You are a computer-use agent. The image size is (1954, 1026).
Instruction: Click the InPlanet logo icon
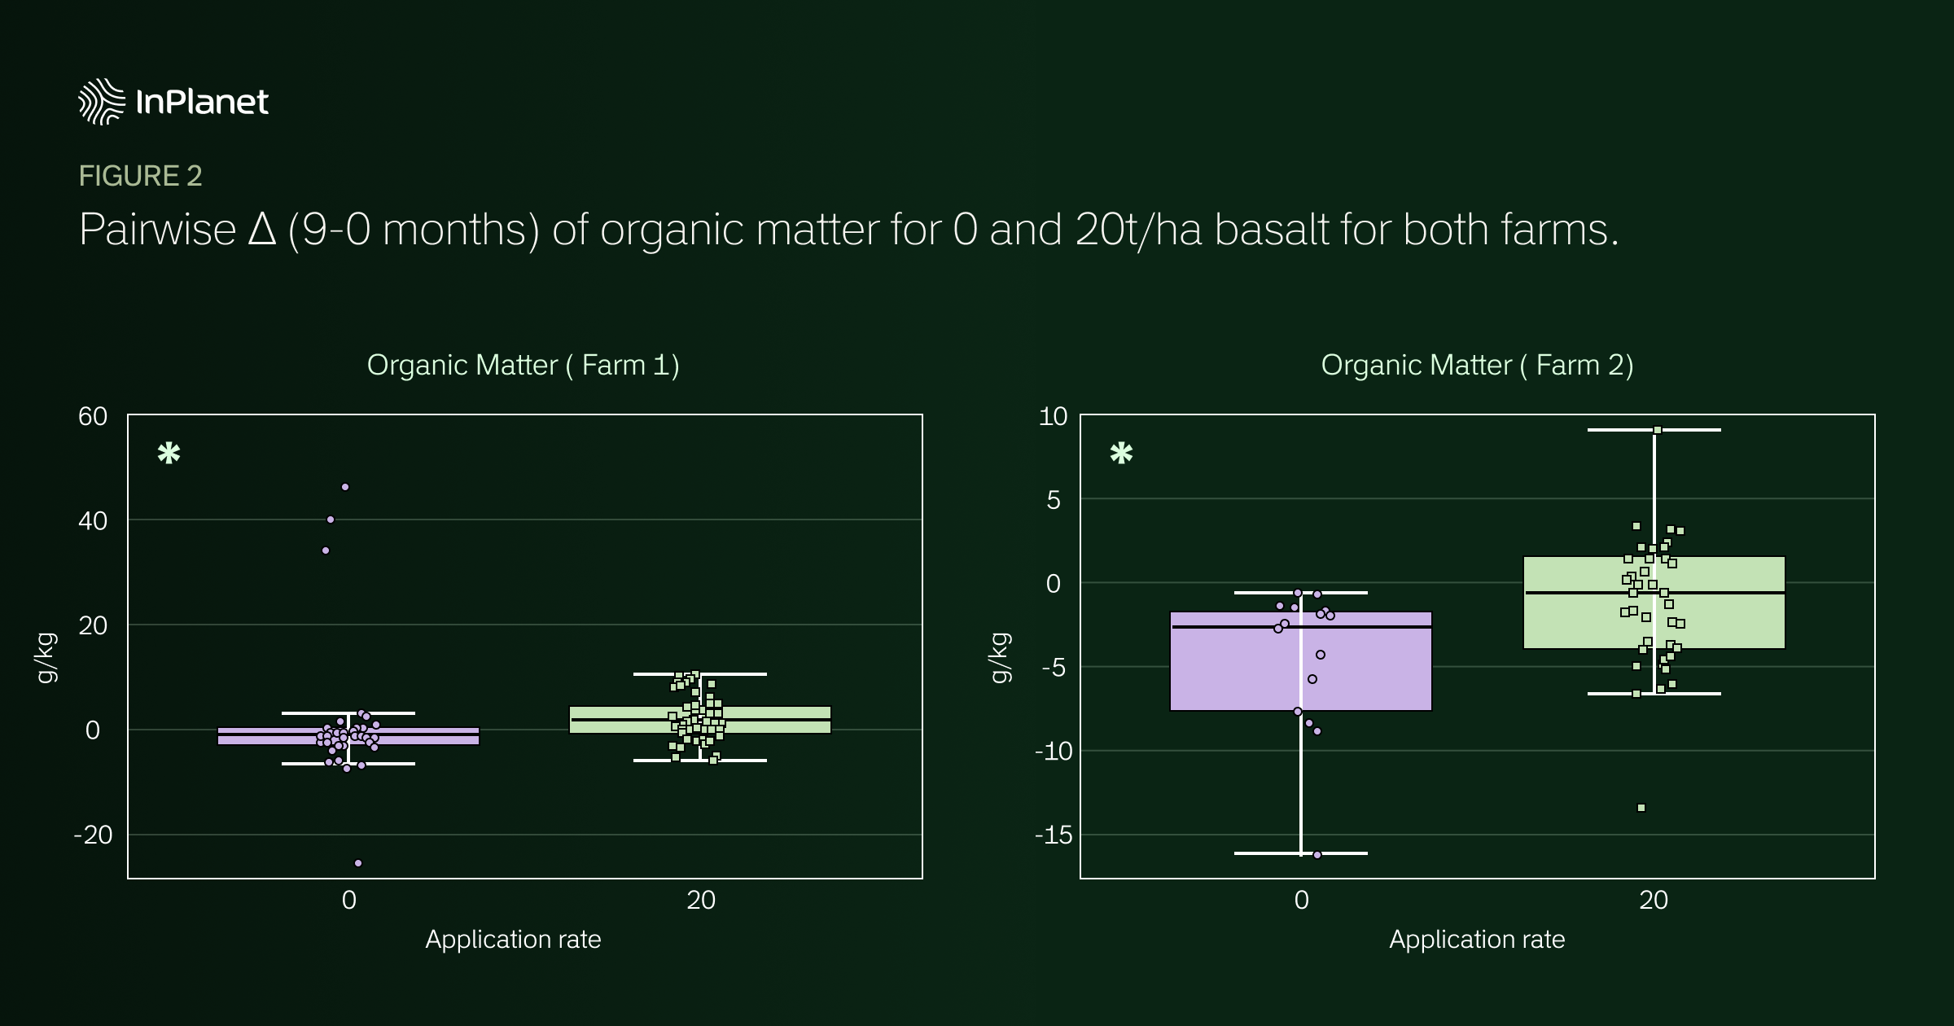pyautogui.click(x=102, y=102)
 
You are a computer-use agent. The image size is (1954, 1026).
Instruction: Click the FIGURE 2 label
pyautogui.click(x=140, y=176)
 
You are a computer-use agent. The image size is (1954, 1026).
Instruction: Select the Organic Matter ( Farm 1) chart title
pyautogui.click(x=523, y=365)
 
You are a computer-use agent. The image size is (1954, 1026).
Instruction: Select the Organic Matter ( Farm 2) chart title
pyautogui.click(x=1477, y=365)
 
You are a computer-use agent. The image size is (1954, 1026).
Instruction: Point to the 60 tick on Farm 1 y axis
pyautogui.click(x=93, y=416)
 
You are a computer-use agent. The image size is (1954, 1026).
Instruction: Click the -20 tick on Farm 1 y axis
pyautogui.click(x=93, y=835)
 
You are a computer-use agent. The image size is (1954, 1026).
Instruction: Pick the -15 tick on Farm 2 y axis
pyautogui.click(x=1053, y=835)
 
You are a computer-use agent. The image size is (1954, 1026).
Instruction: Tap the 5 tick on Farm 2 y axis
pyautogui.click(x=1054, y=499)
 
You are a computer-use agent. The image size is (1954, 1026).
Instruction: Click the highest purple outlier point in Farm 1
pyautogui.click(x=345, y=487)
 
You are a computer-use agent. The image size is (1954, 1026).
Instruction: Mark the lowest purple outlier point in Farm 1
pyautogui.click(x=358, y=863)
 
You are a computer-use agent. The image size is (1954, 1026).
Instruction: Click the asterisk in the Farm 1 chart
pyautogui.click(x=169, y=453)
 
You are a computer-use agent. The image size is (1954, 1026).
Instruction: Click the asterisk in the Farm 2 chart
pyautogui.click(x=1121, y=453)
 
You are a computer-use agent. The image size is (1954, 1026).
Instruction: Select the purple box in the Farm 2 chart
pyautogui.click(x=1300, y=661)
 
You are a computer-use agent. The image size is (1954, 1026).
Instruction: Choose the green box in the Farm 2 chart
pyautogui.click(x=1654, y=603)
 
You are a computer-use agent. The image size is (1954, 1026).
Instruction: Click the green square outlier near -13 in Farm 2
pyautogui.click(x=1641, y=808)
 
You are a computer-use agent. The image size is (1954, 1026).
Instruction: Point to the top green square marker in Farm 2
pyautogui.click(x=1658, y=430)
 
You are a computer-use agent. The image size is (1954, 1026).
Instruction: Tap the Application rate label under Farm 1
pyautogui.click(x=513, y=940)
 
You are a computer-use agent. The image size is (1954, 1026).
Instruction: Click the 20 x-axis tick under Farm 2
pyautogui.click(x=1654, y=900)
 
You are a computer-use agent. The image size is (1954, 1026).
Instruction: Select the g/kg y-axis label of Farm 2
pyautogui.click(x=1000, y=657)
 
